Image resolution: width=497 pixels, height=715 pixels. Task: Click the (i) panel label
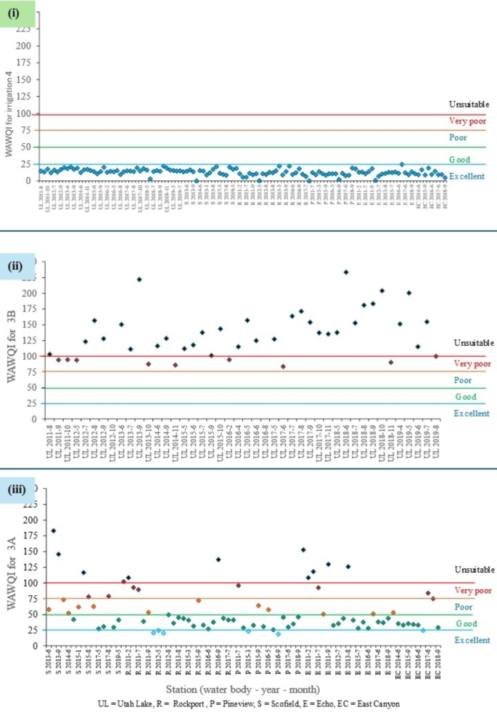point(17,14)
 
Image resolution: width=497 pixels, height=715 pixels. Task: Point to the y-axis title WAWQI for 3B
point(10,350)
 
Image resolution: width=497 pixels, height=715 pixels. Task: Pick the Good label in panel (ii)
point(466,397)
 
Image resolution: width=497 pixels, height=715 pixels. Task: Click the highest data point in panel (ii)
point(346,272)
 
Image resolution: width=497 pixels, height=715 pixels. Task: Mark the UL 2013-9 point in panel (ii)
point(139,280)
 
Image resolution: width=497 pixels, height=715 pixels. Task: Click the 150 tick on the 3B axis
point(30,324)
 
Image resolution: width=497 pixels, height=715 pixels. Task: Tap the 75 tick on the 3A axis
point(31,599)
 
